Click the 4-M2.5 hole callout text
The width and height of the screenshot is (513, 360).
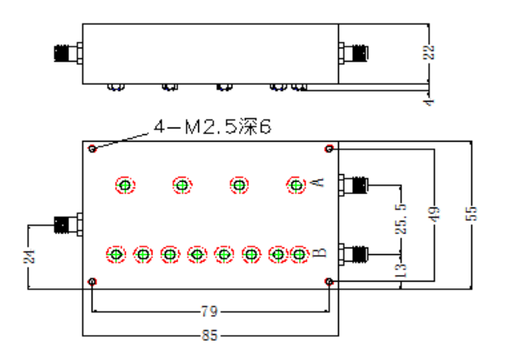coord(212,127)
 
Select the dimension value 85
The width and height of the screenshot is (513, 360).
coord(209,335)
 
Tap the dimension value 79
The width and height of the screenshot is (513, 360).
coord(209,311)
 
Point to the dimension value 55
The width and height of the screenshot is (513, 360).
coord(471,213)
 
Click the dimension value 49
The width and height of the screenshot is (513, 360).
coord(434,213)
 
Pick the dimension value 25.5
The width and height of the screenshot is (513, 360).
coord(401,218)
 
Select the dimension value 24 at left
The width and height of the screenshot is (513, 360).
coord(29,257)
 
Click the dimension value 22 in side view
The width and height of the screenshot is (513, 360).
coord(429,52)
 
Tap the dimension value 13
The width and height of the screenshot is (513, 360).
coord(401,270)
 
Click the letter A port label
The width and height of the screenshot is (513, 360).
coord(318,182)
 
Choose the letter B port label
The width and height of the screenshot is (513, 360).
coord(319,252)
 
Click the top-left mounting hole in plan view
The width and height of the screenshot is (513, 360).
coord(92,149)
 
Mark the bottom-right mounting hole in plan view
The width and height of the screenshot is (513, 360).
coord(329,282)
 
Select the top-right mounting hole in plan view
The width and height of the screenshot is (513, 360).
coord(329,149)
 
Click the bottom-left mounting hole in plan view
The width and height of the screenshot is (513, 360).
coord(92,282)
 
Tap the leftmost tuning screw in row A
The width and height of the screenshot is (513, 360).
coord(125,186)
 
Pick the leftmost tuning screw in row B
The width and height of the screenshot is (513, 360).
coord(116,254)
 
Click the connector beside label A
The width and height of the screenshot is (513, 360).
coord(354,185)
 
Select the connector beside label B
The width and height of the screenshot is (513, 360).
coord(354,254)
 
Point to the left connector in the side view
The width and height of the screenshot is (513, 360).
coord(68,53)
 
